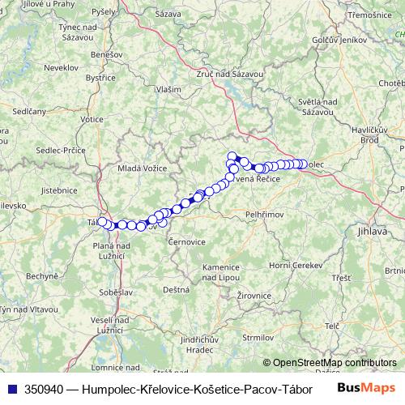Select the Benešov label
[107, 53]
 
